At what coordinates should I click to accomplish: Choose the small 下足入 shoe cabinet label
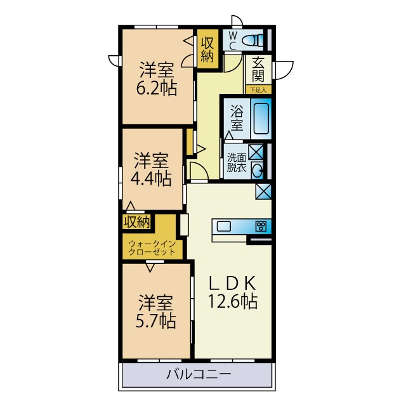click(258, 90)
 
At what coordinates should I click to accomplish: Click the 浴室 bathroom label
click(236, 117)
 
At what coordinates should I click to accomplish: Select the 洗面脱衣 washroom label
click(236, 163)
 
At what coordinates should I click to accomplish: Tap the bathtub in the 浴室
click(261, 118)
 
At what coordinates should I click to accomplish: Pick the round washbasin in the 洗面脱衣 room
click(258, 170)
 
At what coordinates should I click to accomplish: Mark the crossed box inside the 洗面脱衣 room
click(256, 152)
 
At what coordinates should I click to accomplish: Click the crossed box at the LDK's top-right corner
click(263, 191)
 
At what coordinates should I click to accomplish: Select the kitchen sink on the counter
click(226, 226)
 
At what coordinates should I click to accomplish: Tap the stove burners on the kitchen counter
click(260, 226)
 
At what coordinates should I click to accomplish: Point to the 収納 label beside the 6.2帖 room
click(207, 49)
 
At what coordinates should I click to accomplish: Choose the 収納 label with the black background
click(136, 222)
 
